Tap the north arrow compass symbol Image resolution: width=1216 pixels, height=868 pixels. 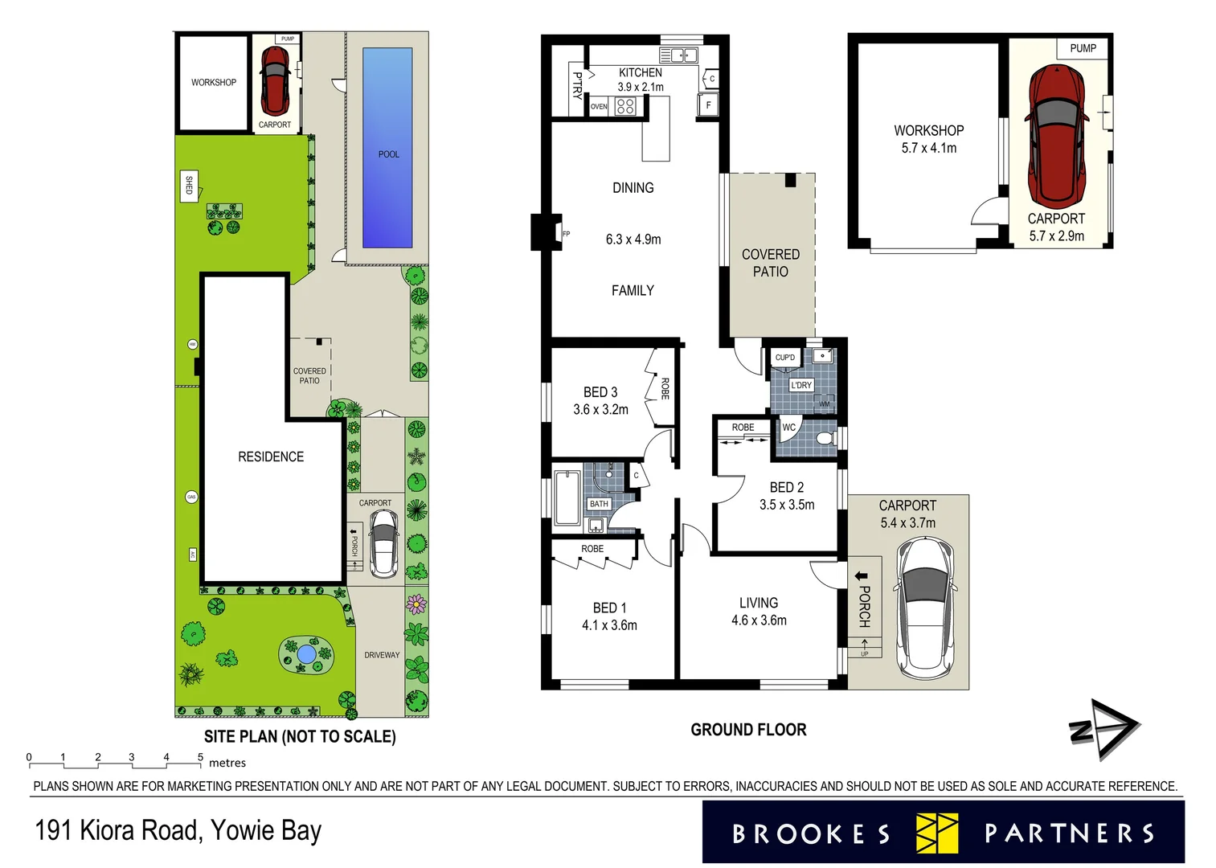[1105, 730]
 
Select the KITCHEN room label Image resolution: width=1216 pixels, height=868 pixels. [640, 72]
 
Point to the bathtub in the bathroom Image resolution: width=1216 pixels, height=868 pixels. [567, 498]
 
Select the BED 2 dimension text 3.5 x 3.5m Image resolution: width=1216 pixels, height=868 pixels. [787, 505]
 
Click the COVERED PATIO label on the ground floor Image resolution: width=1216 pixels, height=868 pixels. [770, 263]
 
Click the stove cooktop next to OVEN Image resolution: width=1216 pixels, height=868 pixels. [625, 106]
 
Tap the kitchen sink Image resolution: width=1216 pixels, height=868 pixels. [678, 55]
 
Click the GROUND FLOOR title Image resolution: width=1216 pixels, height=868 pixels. [748, 730]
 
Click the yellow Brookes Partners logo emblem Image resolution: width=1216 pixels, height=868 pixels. [937, 833]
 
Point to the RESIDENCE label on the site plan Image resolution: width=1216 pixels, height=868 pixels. [271, 457]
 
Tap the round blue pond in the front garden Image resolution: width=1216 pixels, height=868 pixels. [305, 654]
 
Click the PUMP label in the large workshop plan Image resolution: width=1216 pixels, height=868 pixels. [1083, 48]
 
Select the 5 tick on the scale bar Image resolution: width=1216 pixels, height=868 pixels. [201, 757]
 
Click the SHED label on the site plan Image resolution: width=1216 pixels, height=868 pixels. [189, 186]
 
